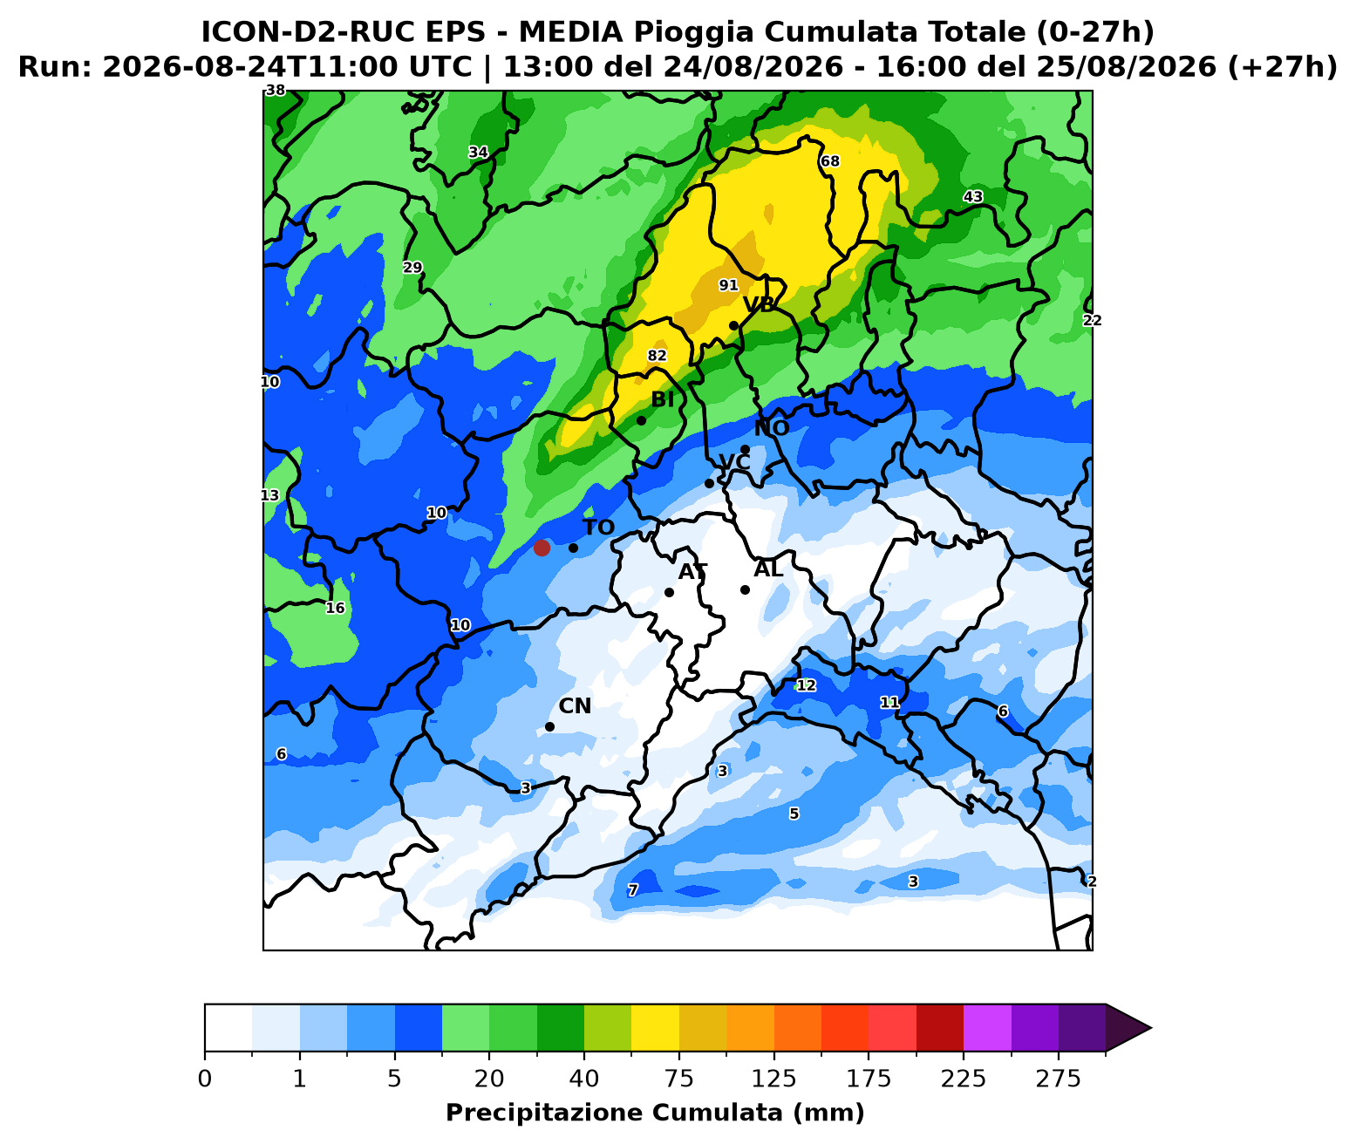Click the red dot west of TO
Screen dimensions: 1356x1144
542,548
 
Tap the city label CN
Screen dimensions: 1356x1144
575,705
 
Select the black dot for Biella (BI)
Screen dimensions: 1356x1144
641,421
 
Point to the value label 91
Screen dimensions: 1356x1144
729,285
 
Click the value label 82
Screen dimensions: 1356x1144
658,355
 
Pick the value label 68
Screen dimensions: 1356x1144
830,161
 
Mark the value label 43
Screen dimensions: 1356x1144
973,197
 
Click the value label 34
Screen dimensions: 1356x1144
479,152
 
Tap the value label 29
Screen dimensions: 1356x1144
412,267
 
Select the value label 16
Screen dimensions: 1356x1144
335,608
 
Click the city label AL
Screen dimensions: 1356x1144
768,569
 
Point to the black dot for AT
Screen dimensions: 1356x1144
669,592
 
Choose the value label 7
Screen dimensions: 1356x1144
633,889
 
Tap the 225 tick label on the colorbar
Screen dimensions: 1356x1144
964,1079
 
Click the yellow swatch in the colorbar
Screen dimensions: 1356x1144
655,1027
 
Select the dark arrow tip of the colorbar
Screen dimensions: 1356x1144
1151,1028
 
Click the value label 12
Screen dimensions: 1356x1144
806,685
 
